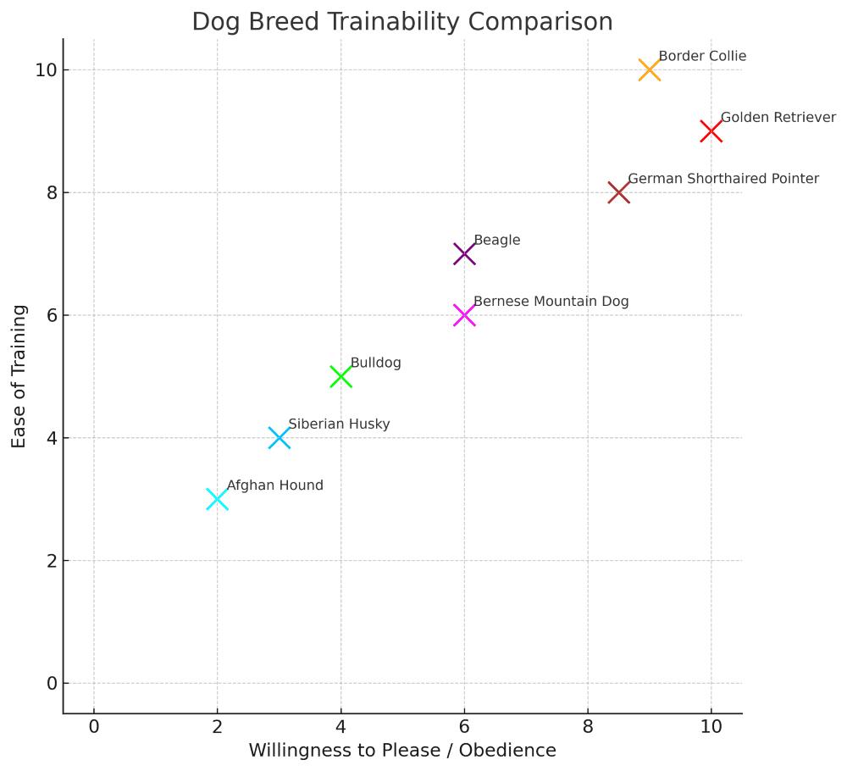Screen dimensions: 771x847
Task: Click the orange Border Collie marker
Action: coord(650,70)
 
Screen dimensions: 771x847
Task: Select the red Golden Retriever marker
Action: coord(711,131)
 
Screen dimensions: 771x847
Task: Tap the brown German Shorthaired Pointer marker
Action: coord(618,192)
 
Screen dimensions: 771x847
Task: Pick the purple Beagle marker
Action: coord(464,253)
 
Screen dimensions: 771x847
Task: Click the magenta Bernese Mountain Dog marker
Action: coord(464,315)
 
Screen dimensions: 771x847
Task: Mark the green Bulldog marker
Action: coord(340,376)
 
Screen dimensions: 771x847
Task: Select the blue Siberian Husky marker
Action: coord(279,438)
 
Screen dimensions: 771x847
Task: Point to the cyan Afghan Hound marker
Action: coord(217,499)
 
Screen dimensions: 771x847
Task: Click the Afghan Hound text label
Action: coord(274,485)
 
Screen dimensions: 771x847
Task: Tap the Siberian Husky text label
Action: coord(339,424)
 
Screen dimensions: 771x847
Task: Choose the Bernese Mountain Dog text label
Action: coord(551,302)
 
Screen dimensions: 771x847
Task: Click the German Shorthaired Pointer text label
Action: coord(723,179)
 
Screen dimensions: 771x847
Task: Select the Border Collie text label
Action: coord(702,57)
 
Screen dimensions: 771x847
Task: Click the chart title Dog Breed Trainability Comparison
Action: coord(402,21)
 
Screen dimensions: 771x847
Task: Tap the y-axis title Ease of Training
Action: coord(19,376)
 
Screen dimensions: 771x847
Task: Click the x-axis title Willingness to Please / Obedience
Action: coord(402,751)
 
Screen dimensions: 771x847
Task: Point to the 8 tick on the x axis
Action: coord(588,727)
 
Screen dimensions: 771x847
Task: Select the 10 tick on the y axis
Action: coord(46,70)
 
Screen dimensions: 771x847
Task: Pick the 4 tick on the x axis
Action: coord(340,727)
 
